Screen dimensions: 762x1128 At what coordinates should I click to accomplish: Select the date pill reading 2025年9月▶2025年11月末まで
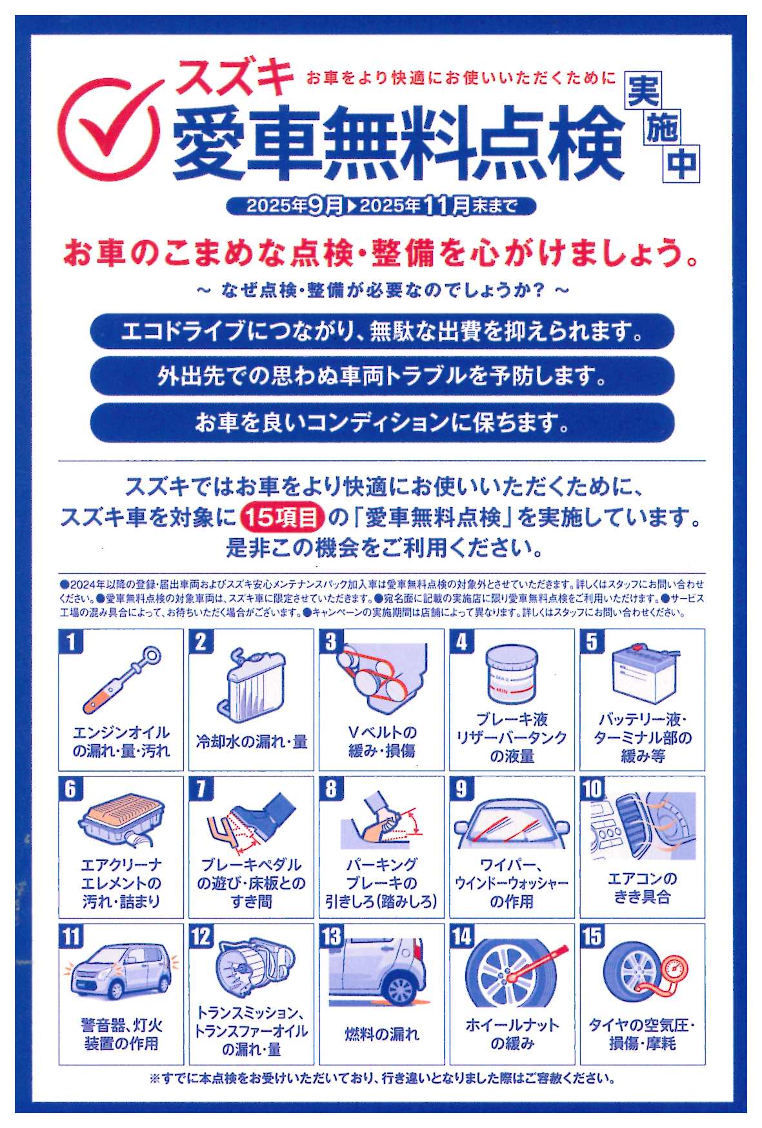point(381,206)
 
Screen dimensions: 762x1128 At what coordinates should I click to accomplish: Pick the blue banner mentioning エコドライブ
point(382,332)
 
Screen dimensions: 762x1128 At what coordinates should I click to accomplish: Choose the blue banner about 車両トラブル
point(382,376)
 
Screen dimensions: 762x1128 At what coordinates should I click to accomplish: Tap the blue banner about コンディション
point(382,423)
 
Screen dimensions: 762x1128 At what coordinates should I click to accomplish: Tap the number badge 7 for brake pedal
point(201,789)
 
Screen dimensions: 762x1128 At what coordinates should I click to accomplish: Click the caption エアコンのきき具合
point(642,887)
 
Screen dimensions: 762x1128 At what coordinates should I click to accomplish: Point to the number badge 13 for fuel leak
point(332,936)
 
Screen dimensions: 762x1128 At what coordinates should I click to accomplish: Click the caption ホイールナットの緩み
point(511,1034)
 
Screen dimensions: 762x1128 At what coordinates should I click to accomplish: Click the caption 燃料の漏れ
point(381,1034)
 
